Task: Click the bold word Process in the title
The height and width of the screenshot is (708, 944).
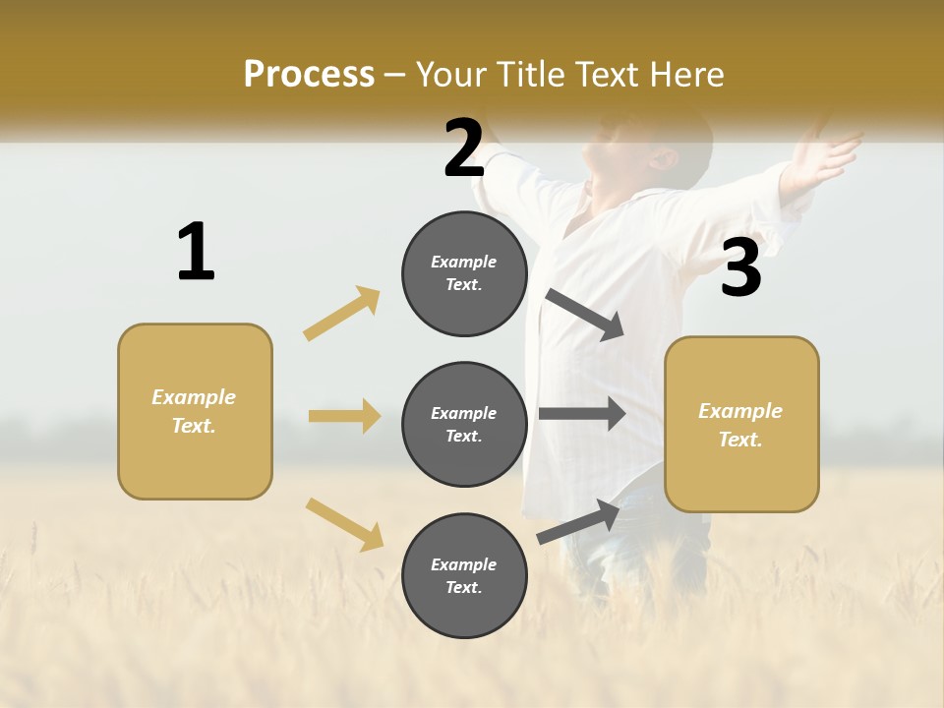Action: point(309,75)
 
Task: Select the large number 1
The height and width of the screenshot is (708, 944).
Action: point(196,252)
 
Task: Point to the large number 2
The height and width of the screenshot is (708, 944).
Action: point(464,148)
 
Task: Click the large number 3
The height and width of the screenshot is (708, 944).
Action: point(740,267)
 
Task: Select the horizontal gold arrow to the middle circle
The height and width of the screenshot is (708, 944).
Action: point(344,416)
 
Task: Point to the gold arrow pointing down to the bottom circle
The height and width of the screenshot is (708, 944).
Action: point(344,523)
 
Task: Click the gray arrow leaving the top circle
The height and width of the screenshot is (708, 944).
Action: point(585,315)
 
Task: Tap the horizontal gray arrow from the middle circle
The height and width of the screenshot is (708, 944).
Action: point(582,414)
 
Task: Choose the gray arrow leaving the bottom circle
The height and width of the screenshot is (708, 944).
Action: point(578,521)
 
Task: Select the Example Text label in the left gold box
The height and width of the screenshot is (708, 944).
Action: point(194,411)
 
